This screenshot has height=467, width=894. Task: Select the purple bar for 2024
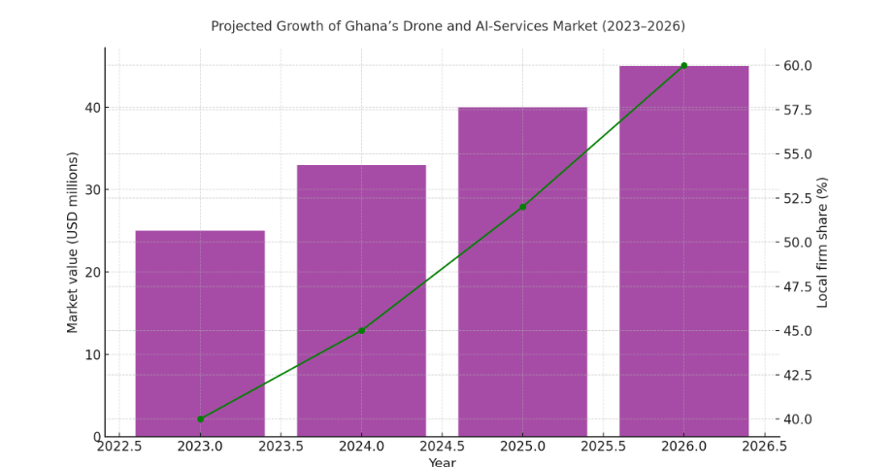point(361,291)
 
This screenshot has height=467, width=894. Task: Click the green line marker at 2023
point(200,419)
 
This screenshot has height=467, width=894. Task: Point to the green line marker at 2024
point(361,331)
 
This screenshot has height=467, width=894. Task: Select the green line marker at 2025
point(522,207)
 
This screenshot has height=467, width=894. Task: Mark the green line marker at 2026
point(683,66)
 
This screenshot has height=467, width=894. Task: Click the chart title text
point(447,26)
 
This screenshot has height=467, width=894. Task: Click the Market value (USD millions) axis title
point(73,243)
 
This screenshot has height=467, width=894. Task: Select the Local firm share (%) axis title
point(822,243)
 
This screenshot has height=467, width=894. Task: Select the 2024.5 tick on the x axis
point(442,447)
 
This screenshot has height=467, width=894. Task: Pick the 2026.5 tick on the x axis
point(764,447)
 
